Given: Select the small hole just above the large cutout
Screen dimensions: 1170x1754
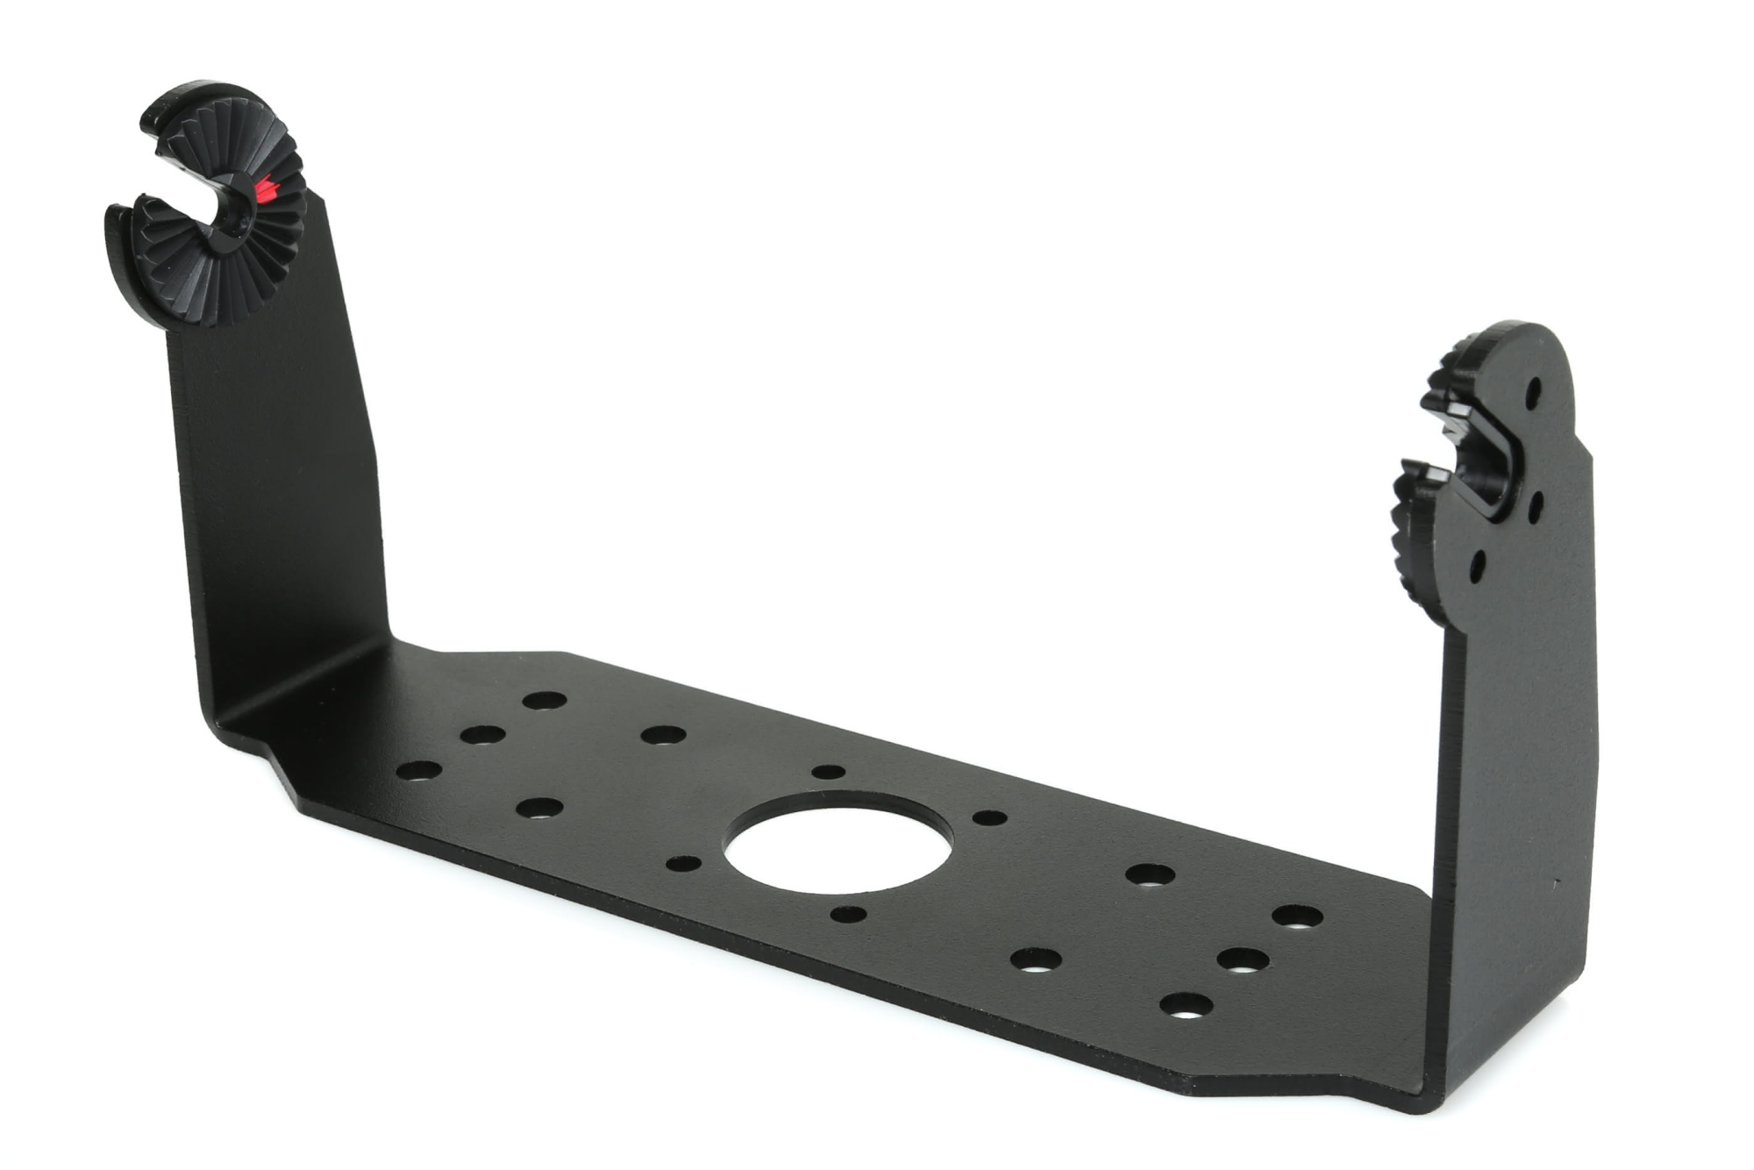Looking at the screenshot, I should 828,772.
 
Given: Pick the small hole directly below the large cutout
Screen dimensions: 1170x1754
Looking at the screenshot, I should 848,915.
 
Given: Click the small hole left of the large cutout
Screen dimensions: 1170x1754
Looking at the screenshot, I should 683,864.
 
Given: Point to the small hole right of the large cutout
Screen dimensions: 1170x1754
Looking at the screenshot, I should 990,818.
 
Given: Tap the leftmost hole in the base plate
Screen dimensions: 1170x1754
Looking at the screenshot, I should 419,772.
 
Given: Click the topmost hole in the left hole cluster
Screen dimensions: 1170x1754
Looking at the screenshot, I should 545,701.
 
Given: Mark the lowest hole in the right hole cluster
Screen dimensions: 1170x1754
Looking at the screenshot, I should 1186,1004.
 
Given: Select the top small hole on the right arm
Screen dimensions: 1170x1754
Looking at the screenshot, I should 1534,391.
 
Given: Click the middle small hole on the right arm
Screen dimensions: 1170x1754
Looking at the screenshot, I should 1534,504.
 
